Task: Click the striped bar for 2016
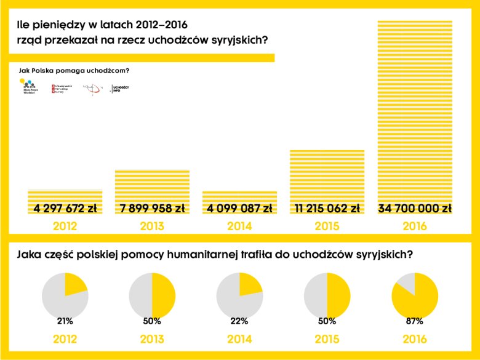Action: pyautogui.click(x=414, y=111)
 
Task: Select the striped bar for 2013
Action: pyautogui.click(x=152, y=185)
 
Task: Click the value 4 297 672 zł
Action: pyautogui.click(x=65, y=209)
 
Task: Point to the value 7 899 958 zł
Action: pyautogui.click(x=152, y=209)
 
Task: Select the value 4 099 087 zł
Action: pyautogui.click(x=239, y=209)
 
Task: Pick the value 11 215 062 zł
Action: pyautogui.click(x=327, y=209)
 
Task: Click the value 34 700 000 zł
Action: pyautogui.click(x=415, y=209)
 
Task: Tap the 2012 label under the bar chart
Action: pyautogui.click(x=65, y=226)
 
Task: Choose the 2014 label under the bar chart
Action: pyautogui.click(x=239, y=226)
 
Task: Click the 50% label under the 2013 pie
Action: pyautogui.click(x=152, y=321)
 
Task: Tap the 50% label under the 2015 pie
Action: pyautogui.click(x=327, y=321)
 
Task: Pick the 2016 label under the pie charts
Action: pyautogui.click(x=415, y=339)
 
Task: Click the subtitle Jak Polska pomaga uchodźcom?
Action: pyautogui.click(x=74, y=71)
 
